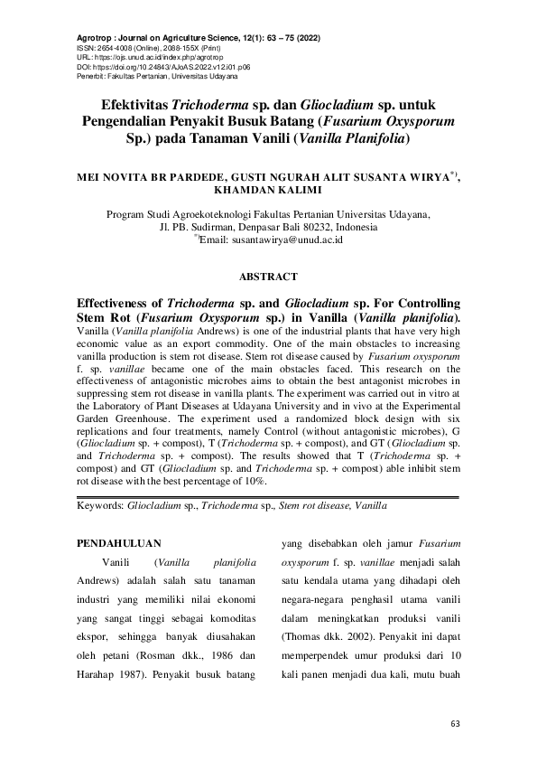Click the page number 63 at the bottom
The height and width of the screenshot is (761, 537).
(x=455, y=725)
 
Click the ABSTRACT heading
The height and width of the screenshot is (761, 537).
(x=267, y=277)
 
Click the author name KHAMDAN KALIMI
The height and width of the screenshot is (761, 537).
(x=268, y=192)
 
